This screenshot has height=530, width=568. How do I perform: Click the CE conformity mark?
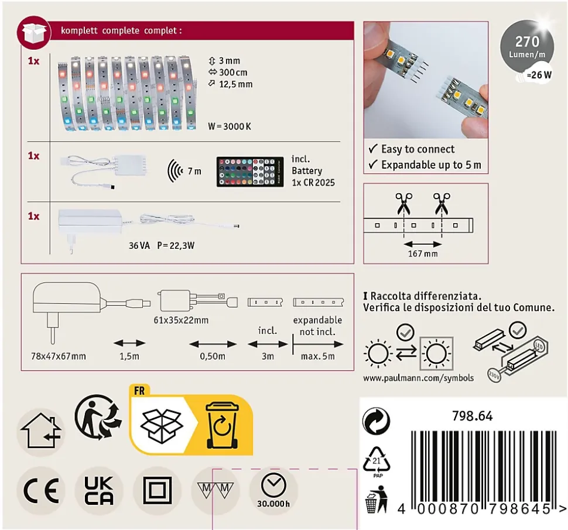[41, 491]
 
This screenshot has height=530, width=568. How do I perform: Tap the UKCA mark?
[98, 491]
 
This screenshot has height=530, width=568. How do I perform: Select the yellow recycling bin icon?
[223, 426]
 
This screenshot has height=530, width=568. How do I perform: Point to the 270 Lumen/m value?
[527, 47]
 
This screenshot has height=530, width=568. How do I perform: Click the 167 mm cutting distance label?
[423, 254]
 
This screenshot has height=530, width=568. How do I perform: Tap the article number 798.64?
[473, 416]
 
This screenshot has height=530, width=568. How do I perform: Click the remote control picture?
[250, 172]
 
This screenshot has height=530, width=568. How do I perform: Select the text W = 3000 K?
[230, 126]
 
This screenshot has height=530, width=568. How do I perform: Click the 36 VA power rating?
[139, 245]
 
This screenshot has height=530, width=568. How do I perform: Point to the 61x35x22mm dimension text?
[181, 320]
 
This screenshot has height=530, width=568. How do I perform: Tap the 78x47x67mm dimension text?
[59, 357]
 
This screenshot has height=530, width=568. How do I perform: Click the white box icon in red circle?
[35, 33]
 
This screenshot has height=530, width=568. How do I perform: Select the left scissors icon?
[403, 204]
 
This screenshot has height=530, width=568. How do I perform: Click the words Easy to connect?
[418, 149]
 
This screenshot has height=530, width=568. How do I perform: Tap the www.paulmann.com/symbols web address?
[419, 378]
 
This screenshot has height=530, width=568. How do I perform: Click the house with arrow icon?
[40, 430]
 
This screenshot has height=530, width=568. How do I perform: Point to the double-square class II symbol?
[157, 491]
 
